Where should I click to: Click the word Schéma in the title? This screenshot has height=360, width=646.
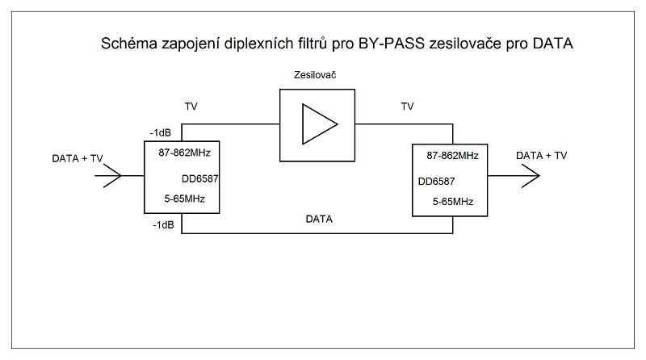[125, 45]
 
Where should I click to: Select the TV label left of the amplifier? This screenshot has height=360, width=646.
[191, 105]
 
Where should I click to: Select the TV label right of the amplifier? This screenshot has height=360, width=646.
[408, 105]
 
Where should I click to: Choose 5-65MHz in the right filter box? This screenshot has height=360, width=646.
[452, 202]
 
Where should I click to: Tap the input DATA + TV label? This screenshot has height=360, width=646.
[78, 158]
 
